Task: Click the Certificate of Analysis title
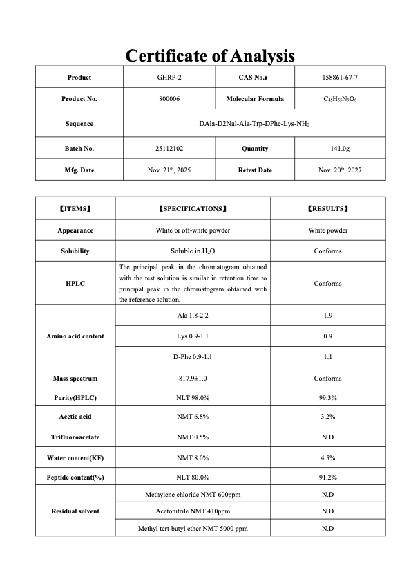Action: [210, 55]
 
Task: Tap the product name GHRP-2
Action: [169, 78]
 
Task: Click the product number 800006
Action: [169, 99]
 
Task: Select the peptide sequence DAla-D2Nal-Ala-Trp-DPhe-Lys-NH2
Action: [254, 124]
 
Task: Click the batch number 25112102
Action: [169, 149]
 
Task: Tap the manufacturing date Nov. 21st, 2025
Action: [169, 170]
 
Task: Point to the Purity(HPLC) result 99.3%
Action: [327, 398]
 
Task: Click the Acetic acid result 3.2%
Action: [327, 417]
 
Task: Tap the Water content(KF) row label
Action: [75, 458]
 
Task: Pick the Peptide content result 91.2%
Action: [327, 478]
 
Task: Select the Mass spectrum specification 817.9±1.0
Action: [193, 379]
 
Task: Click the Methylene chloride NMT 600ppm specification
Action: [193, 495]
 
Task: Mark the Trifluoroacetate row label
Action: [75, 437]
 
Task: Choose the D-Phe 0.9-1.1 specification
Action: [193, 357]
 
